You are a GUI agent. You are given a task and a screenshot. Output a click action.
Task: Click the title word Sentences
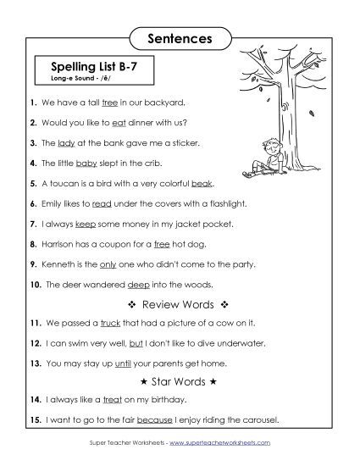(x=180, y=38)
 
